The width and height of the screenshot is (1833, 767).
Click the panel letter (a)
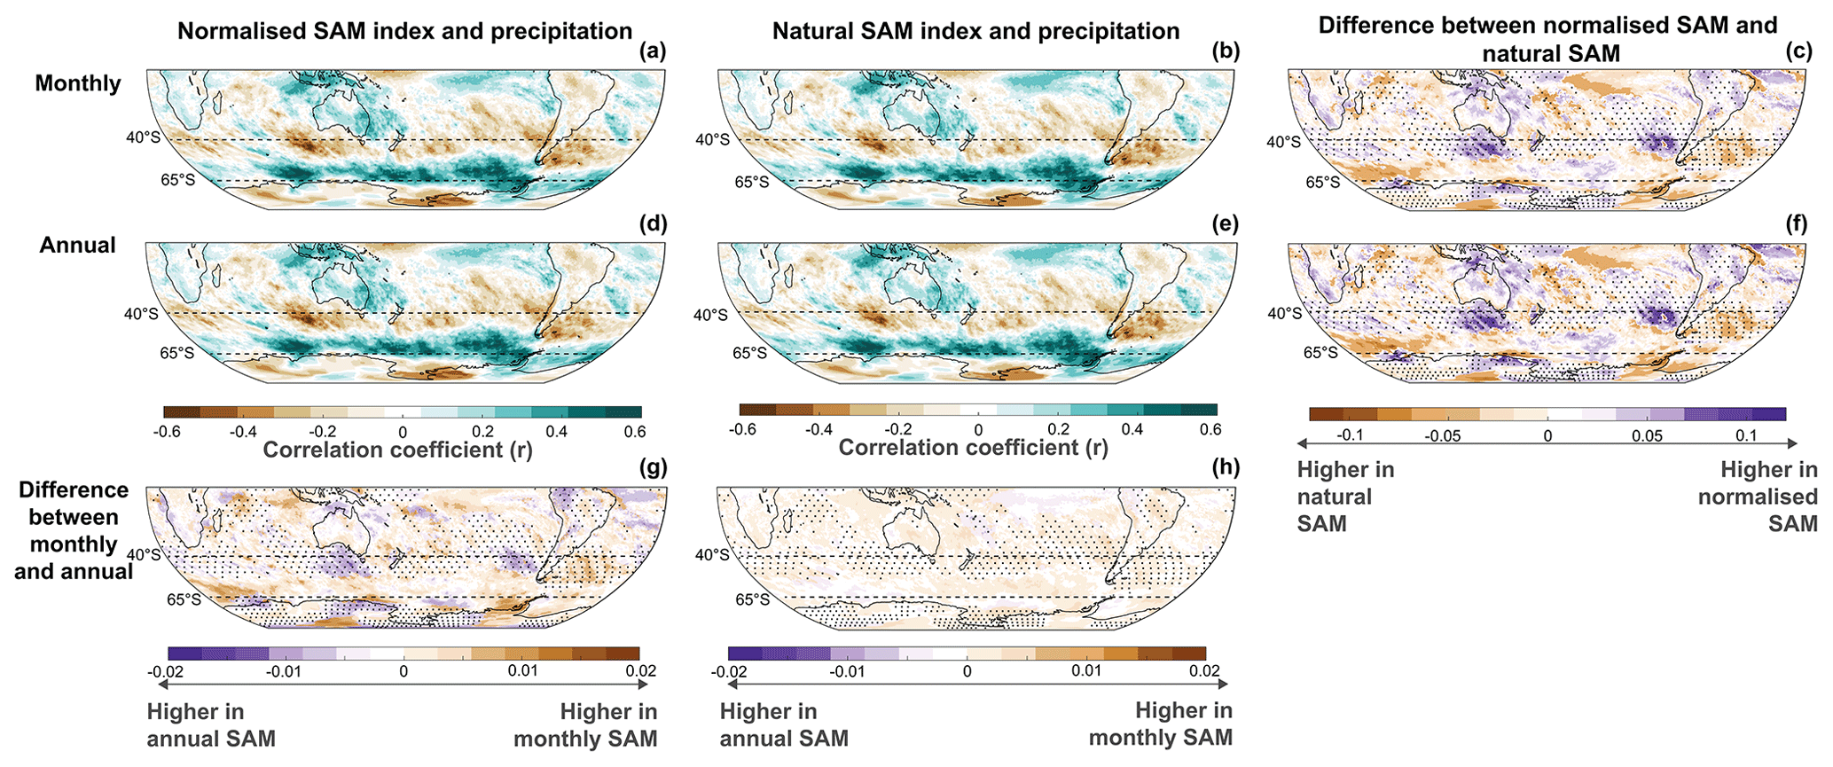[653, 52]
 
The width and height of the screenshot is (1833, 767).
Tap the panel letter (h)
[1226, 467]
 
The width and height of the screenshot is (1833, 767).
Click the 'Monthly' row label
[78, 83]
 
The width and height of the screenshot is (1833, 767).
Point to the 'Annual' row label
[77, 246]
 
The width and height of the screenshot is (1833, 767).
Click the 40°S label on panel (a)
[141, 138]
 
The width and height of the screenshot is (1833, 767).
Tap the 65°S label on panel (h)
[751, 600]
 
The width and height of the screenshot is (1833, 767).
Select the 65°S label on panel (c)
[1322, 183]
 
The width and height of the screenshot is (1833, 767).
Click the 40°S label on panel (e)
[710, 315]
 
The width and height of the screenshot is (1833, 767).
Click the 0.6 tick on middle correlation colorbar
[1210, 430]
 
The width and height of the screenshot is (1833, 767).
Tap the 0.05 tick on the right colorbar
[1647, 436]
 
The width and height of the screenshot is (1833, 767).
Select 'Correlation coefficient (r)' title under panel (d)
[398, 450]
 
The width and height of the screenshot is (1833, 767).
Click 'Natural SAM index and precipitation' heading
[975, 32]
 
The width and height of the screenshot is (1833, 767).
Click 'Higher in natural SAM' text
[1345, 497]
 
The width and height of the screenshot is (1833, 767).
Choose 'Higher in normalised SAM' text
[1758, 497]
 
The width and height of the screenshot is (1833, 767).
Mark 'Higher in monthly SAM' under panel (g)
[585, 725]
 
